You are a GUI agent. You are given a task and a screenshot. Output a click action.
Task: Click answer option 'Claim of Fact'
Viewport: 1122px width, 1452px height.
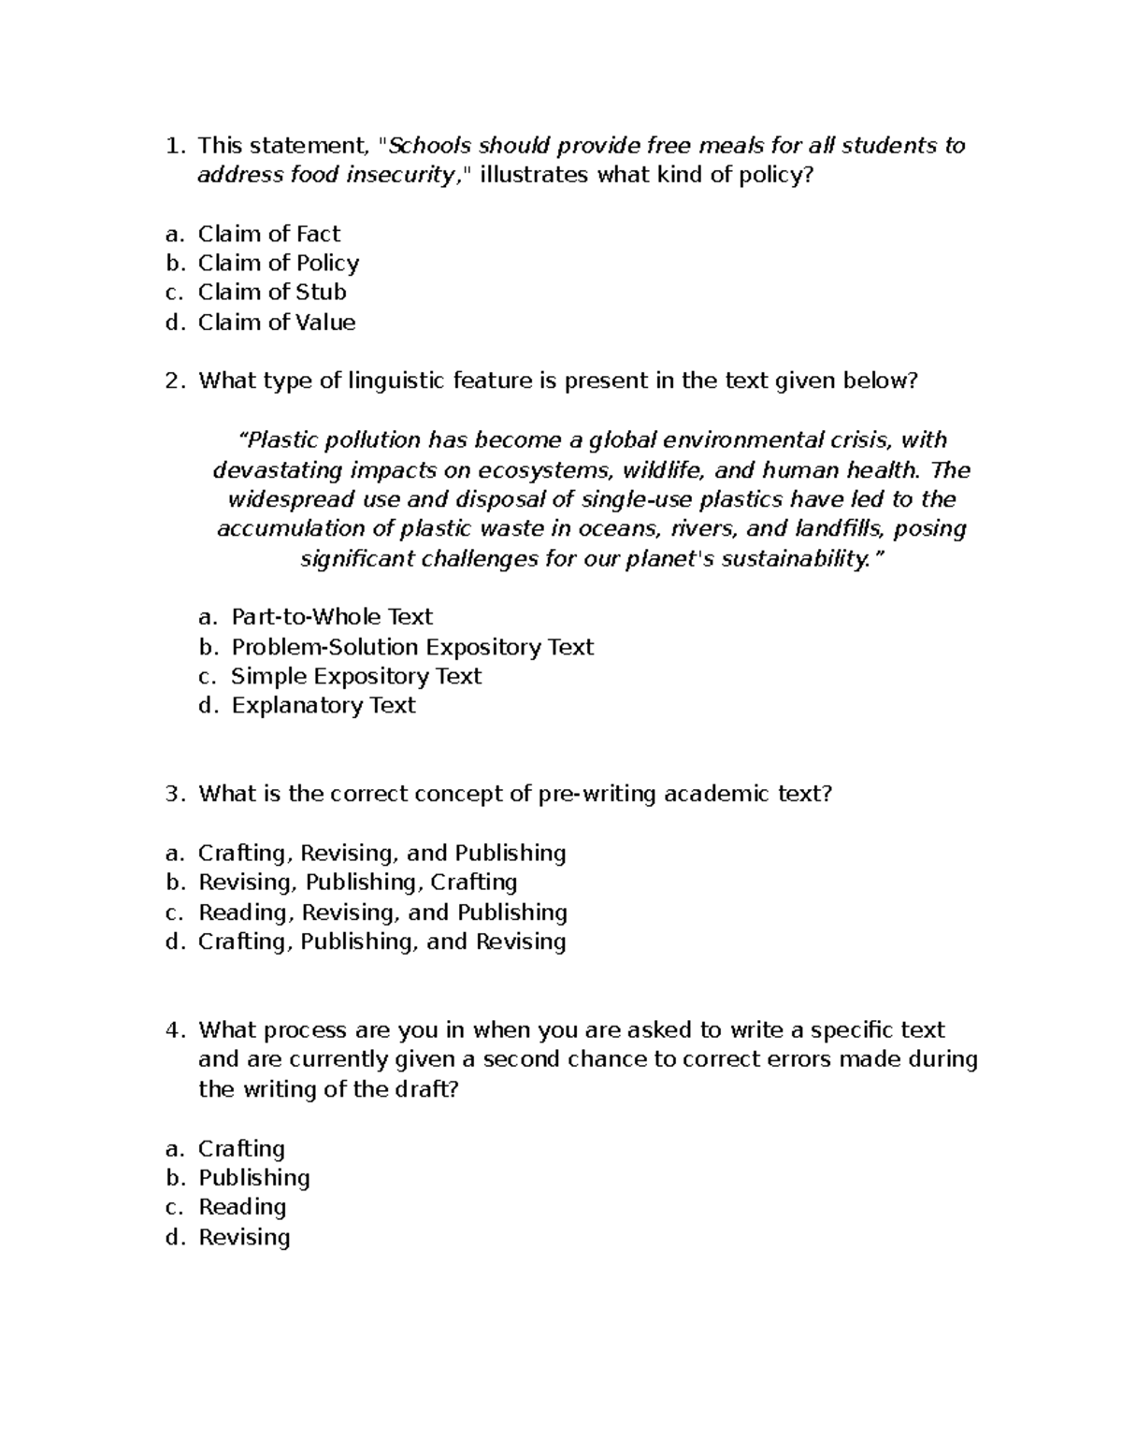[x=268, y=234]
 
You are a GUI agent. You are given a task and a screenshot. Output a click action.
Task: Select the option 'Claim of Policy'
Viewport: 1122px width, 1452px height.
[x=278, y=263]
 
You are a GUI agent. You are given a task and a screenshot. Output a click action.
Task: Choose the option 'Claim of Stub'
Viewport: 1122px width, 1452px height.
[x=271, y=292]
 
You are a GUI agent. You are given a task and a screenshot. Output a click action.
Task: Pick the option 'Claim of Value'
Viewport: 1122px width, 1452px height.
[x=276, y=323]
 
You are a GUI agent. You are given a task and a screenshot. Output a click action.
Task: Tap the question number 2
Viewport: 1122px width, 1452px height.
[x=171, y=381]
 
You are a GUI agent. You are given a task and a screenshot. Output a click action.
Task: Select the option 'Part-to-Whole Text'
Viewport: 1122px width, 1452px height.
[x=332, y=617]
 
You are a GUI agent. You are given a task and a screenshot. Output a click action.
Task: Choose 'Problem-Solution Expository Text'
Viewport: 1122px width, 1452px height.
[x=412, y=647]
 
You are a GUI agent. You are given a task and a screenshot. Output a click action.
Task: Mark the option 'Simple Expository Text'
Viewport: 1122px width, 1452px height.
[x=356, y=676]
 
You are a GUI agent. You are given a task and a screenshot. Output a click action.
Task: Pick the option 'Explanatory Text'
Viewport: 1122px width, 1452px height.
[x=324, y=705]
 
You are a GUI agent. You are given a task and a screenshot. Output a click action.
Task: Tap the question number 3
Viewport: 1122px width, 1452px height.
[x=171, y=794]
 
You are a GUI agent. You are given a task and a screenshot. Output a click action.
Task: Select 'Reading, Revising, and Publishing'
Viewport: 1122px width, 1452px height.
[x=382, y=912]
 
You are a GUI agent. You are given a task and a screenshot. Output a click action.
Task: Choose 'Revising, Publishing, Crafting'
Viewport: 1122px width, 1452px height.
[x=357, y=882]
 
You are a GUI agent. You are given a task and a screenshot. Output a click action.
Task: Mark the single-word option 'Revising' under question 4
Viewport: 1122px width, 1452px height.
[x=244, y=1237]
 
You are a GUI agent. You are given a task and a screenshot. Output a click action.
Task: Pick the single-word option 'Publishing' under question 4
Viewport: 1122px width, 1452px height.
[x=253, y=1177]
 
